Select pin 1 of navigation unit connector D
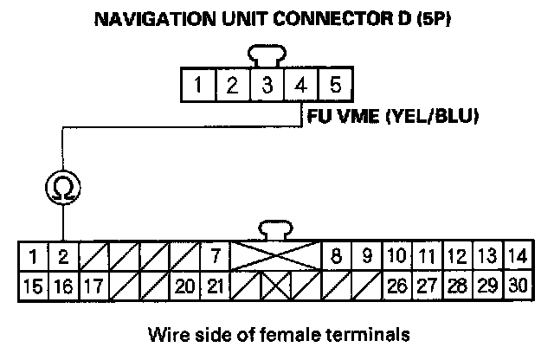click(x=199, y=86)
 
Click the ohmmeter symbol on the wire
click(x=62, y=186)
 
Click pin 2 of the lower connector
click(x=63, y=256)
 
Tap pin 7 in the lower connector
click(x=213, y=256)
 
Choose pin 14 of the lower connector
click(x=516, y=256)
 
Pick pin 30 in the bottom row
click(x=516, y=284)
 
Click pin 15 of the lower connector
click(x=32, y=284)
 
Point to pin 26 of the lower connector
click(x=396, y=284)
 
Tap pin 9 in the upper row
click(x=366, y=256)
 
